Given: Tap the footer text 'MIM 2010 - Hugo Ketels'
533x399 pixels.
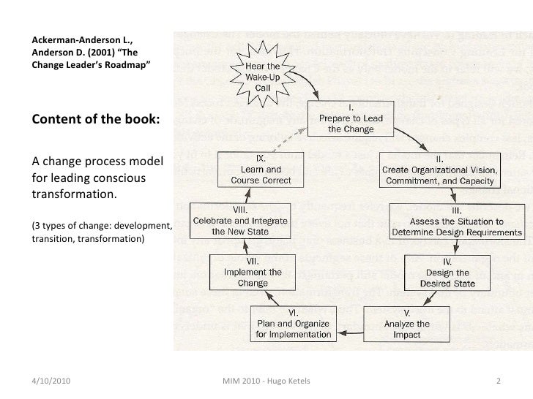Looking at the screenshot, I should tap(265, 382).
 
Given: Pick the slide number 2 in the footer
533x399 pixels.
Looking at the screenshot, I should tap(498, 382).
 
